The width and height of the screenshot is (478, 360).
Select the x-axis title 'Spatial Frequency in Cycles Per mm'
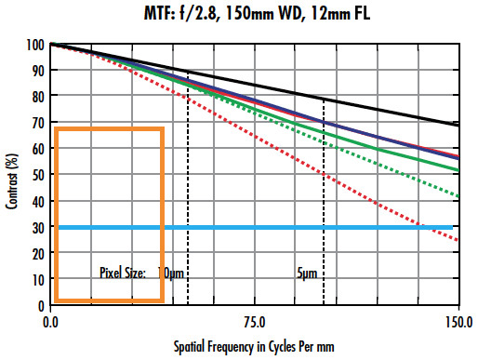[253, 345]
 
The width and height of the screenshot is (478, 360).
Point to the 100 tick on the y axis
[36, 45]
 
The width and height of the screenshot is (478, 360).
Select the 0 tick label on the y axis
[41, 305]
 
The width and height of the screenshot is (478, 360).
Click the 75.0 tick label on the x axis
[254, 322]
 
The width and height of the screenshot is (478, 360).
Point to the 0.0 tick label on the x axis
[52, 322]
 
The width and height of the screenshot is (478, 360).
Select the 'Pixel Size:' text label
[123, 273]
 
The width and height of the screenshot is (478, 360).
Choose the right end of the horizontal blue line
[453, 227]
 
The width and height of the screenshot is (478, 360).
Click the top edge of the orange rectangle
[110, 128]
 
